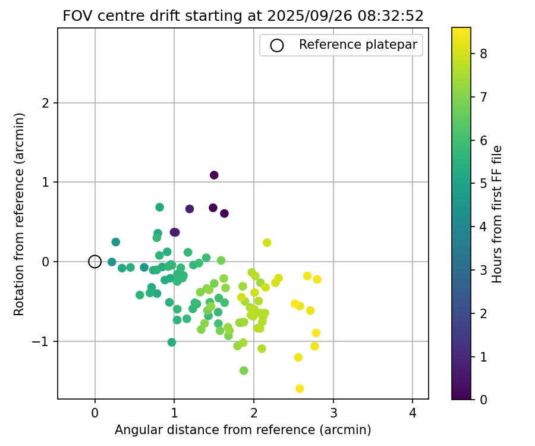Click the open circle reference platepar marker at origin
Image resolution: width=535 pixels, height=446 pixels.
pyautogui.click(x=95, y=262)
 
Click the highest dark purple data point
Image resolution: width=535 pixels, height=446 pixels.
pyautogui.click(x=214, y=175)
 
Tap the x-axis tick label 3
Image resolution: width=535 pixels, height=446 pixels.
pyautogui.click(x=333, y=413)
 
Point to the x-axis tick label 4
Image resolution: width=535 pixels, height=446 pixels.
pyautogui.click(x=413, y=413)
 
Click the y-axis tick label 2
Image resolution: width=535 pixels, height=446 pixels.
pyautogui.click(x=46, y=103)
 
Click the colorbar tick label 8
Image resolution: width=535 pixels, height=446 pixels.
pyautogui.click(x=484, y=54)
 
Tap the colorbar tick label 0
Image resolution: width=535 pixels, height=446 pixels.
pyautogui.click(x=484, y=400)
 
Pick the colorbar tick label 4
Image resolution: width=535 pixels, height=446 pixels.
pyautogui.click(x=484, y=227)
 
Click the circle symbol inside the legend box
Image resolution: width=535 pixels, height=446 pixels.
pyautogui.click(x=276, y=45)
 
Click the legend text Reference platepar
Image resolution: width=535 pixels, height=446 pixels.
pyautogui.click(x=358, y=45)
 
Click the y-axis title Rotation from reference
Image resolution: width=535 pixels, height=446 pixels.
pyautogui.click(x=19, y=214)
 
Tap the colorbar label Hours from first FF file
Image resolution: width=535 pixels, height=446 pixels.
pyautogui.click(x=498, y=214)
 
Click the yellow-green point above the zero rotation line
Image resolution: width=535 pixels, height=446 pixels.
pyautogui.click(x=267, y=243)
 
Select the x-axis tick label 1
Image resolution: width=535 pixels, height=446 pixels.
pyautogui.click(x=174, y=413)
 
